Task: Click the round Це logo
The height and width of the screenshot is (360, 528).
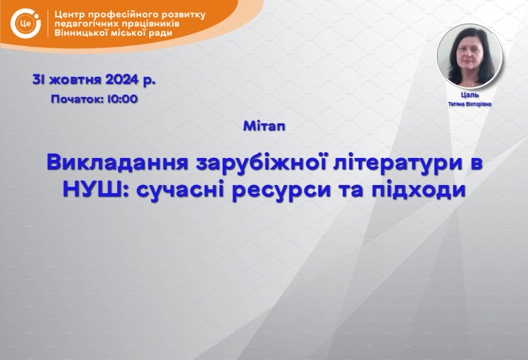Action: (x=26, y=23)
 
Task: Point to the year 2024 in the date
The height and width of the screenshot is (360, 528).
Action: (x=122, y=80)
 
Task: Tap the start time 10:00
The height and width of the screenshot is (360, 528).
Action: (x=123, y=99)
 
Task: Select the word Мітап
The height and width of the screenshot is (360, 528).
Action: (x=264, y=126)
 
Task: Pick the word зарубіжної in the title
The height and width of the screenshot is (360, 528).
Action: (x=262, y=163)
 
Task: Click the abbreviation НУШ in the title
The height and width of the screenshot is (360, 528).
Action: (x=92, y=189)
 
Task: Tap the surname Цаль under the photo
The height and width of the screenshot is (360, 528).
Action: (x=469, y=95)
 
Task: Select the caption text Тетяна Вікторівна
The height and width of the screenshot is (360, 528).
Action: (x=469, y=104)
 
